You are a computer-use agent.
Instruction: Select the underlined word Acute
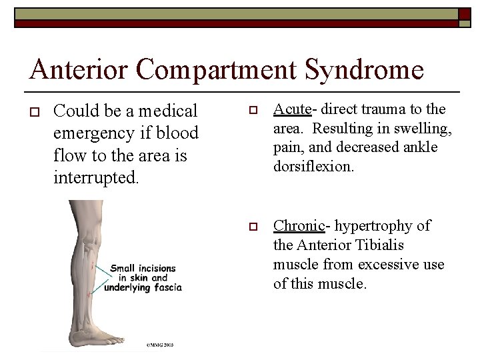(292, 109)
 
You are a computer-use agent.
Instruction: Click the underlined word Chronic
(299, 226)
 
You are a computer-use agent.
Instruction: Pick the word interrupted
(95, 179)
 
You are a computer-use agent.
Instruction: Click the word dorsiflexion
(313, 167)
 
